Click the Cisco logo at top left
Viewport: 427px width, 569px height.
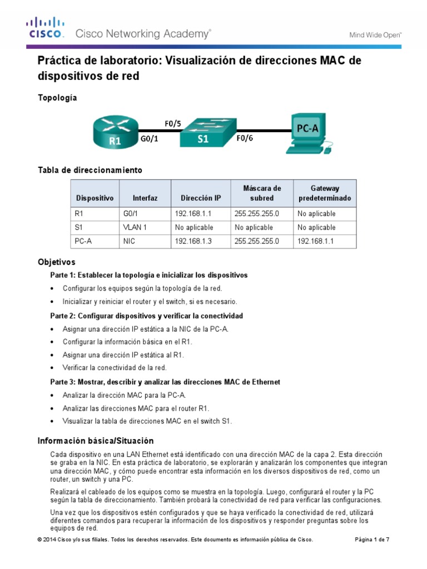[x=46, y=28]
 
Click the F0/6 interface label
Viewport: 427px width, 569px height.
[x=245, y=140]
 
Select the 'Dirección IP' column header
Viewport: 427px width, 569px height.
[x=201, y=198]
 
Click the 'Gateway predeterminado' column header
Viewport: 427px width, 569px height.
[x=325, y=193]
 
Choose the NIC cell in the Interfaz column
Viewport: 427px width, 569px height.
[x=129, y=242]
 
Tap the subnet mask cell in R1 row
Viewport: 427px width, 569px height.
[x=256, y=213]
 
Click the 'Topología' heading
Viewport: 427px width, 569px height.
[x=57, y=98]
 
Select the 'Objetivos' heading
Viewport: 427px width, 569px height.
[x=56, y=262]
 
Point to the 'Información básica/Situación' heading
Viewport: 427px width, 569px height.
[x=95, y=441]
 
